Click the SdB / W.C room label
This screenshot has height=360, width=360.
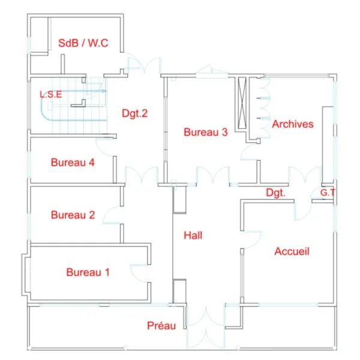[x=83, y=43]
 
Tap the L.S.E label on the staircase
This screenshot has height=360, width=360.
[x=51, y=94]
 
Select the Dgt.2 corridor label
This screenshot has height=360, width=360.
[x=134, y=113]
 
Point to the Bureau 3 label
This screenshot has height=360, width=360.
[x=205, y=132]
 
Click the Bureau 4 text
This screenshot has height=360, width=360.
[x=73, y=163]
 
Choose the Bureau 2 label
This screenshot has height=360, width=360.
[x=73, y=215]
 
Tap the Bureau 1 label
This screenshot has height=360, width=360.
[x=88, y=272]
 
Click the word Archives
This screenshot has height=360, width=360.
[x=293, y=124]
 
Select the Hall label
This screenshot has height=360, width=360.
[x=193, y=235]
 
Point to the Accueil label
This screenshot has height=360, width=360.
[x=292, y=251]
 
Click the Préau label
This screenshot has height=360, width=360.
[x=161, y=326]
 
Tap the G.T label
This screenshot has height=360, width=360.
[x=328, y=193]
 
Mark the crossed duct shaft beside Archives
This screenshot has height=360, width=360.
[x=242, y=103]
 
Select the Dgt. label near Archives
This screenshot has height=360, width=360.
[x=275, y=193]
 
